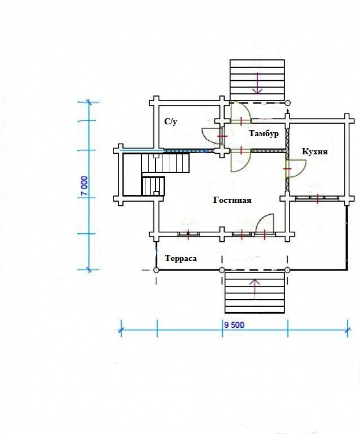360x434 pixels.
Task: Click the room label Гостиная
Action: pos(232,200)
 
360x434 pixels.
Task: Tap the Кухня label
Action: pos(314,151)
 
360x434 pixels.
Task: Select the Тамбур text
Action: pos(264,133)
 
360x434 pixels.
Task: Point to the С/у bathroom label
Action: pos(171,121)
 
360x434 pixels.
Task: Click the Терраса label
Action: pos(181,259)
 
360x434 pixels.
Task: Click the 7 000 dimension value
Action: pos(85,186)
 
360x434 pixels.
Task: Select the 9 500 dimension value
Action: pos(234,325)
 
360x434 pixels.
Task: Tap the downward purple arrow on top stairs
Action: pos(258,83)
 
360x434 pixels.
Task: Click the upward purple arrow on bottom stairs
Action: pos(255,289)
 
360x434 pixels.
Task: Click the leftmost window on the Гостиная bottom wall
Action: pos(188,234)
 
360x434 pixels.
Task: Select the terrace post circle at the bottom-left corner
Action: pos(156,270)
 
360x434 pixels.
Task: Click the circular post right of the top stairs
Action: pos(288,103)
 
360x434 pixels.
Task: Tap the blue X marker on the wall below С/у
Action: pos(205,151)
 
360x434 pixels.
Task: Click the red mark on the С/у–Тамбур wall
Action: pos(222,136)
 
